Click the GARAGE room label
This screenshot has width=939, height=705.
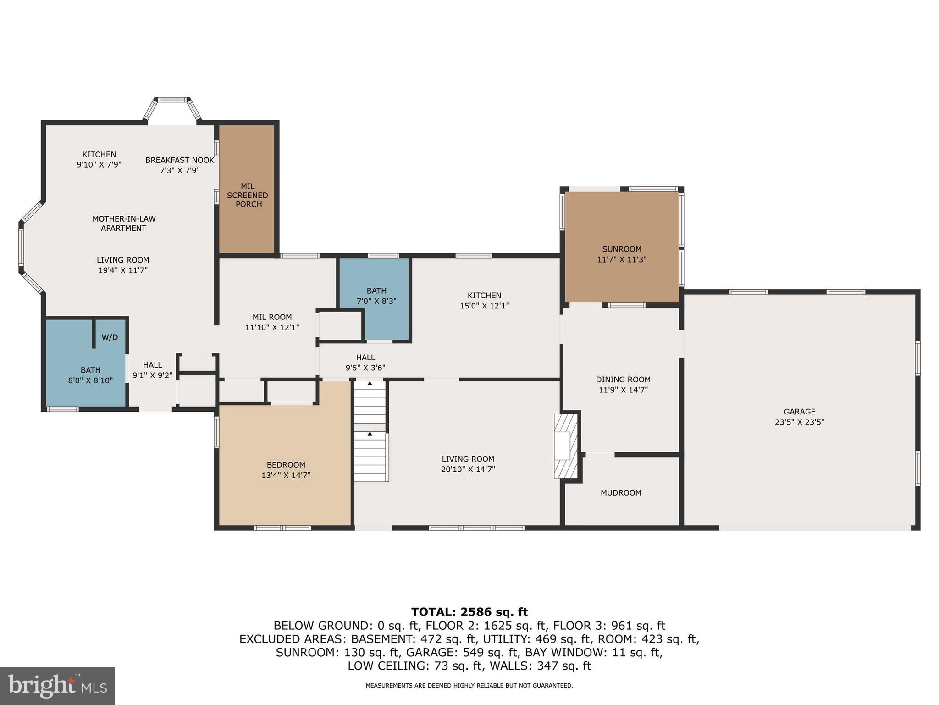pyautogui.click(x=799, y=412)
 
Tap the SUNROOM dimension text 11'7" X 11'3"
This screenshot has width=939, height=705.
pyautogui.click(x=621, y=259)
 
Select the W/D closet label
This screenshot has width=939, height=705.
pyautogui.click(x=110, y=337)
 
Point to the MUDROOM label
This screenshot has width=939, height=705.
pyautogui.click(x=621, y=493)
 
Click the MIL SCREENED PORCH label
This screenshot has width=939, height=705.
pyautogui.click(x=248, y=195)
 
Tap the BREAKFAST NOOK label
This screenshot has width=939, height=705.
pyautogui.click(x=180, y=160)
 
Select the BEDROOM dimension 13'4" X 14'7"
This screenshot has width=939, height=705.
pyautogui.click(x=286, y=476)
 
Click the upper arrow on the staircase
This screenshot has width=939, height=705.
pyautogui.click(x=370, y=383)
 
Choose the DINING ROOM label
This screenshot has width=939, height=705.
pyautogui.click(x=623, y=380)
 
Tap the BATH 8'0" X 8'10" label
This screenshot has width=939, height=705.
pyautogui.click(x=90, y=375)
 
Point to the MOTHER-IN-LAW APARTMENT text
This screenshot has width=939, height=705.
pyautogui.click(x=123, y=224)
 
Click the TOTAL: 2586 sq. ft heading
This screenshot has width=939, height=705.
pyautogui.click(x=469, y=612)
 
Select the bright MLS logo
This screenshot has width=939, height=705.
pyautogui.click(x=57, y=686)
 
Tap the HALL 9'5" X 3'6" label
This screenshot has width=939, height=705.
pyautogui.click(x=365, y=362)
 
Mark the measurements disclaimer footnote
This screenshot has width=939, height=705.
pyautogui.click(x=469, y=686)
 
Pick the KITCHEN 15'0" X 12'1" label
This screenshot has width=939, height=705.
pyautogui.click(x=484, y=300)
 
